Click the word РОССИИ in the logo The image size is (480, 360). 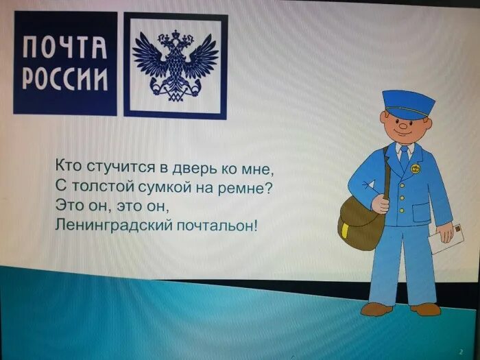click(x=65, y=79)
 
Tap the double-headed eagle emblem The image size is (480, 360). click(x=175, y=65)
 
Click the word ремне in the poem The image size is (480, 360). click(x=241, y=185)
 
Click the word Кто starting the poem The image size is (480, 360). click(x=68, y=166)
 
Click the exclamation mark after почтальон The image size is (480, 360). click(x=256, y=224)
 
